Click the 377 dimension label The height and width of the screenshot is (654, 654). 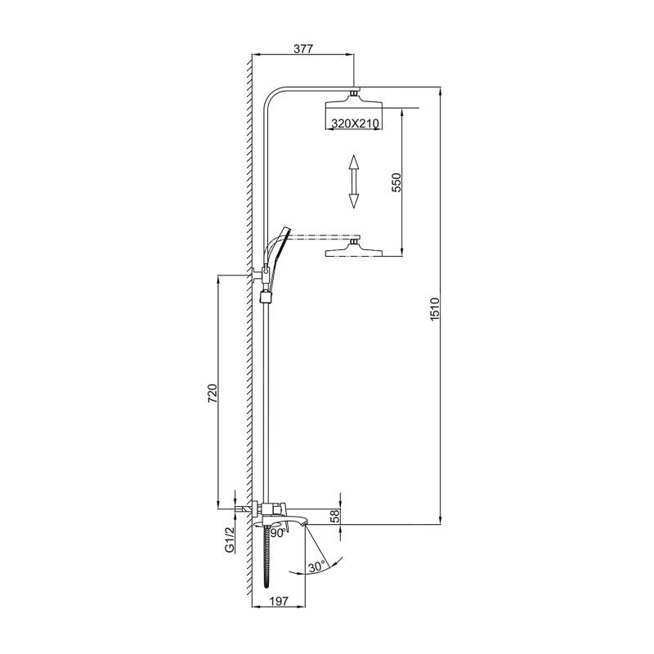tap(303, 49)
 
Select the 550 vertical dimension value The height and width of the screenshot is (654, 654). tap(396, 181)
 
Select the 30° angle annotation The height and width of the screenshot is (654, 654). tap(316, 565)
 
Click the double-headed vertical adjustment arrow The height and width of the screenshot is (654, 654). tap(354, 181)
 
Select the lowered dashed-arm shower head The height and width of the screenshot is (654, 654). tap(353, 249)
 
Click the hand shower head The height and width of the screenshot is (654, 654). tap(278, 246)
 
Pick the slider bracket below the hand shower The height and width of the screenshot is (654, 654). tap(264, 295)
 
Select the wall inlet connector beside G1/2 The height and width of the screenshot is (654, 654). tap(242, 509)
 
